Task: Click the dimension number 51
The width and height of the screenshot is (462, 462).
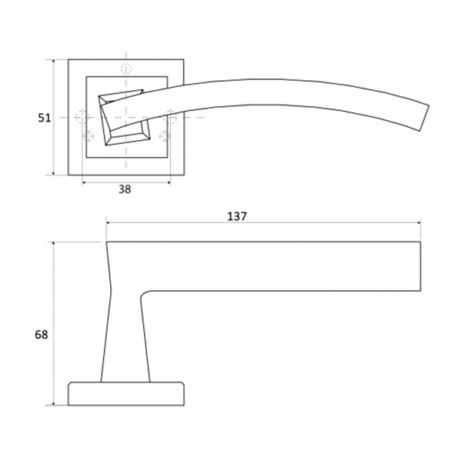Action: tap(44, 118)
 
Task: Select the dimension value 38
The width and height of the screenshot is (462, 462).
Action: tap(125, 189)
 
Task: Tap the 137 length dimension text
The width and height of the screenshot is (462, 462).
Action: tap(236, 216)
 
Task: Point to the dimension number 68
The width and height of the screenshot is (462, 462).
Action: tap(42, 335)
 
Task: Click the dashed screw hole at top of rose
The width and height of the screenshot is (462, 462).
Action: tap(126, 69)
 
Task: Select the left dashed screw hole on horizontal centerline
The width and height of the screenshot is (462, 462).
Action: tap(82, 117)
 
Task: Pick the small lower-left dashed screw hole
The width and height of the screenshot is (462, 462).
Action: tap(88, 136)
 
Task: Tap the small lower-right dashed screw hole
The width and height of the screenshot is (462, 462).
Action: tap(165, 136)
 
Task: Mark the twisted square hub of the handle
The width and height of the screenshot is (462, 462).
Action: tap(124, 118)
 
